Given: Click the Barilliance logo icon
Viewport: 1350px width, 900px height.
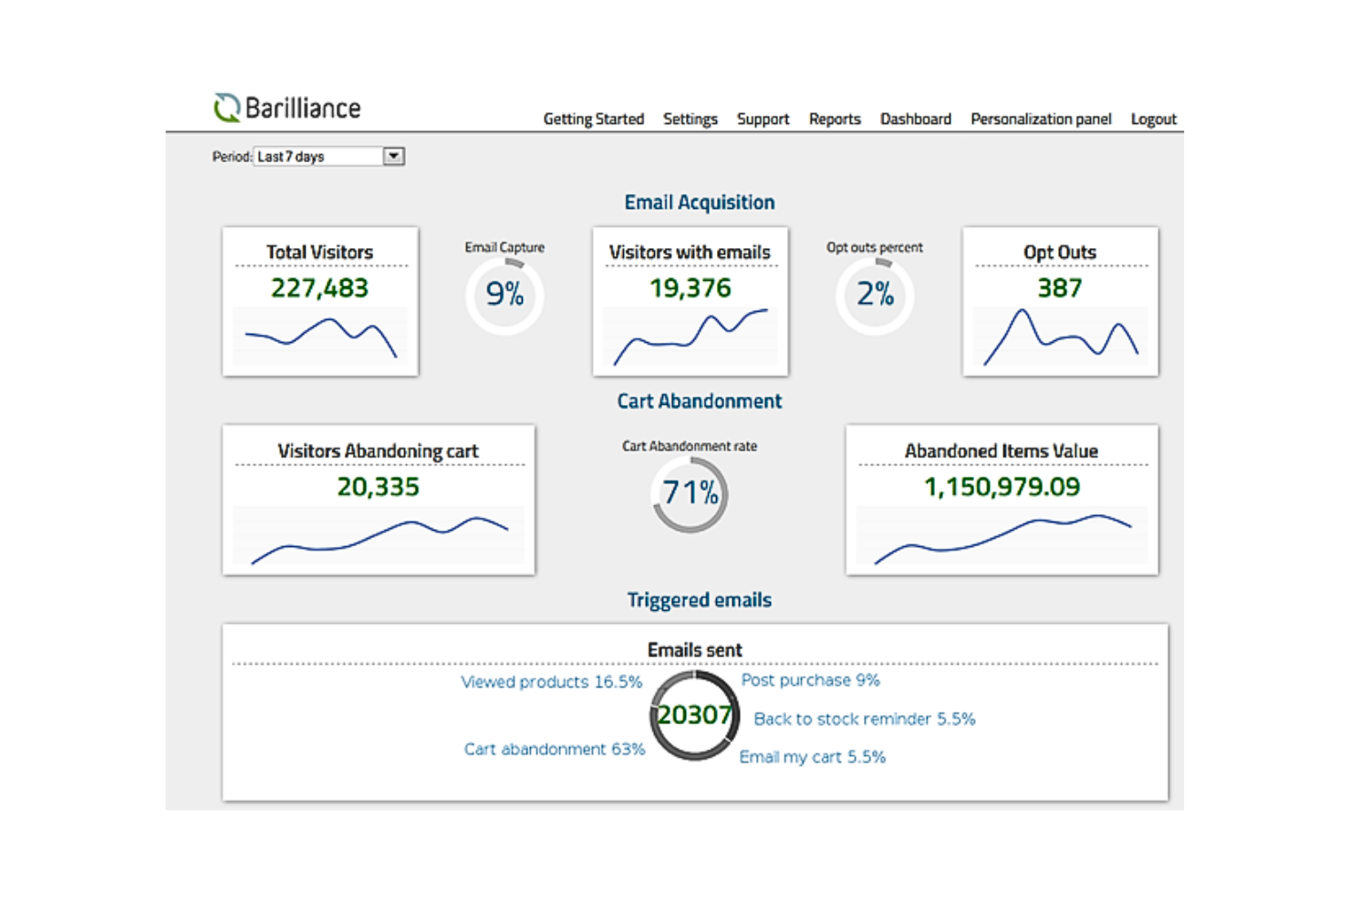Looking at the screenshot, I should pos(226,108).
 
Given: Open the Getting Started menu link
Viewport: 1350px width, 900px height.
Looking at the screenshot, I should pos(593,119).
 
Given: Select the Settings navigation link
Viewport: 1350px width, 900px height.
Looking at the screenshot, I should pos(690,119).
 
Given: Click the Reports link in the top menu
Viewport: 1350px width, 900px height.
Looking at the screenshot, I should pos(834,119).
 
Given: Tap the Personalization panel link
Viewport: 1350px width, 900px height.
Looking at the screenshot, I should pos(1040,119).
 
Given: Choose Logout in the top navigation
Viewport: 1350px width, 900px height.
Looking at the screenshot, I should pos(1153,119).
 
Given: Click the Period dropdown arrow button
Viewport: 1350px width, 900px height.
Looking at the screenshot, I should pos(393,156).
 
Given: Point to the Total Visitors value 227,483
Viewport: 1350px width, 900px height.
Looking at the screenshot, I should pos(319,288).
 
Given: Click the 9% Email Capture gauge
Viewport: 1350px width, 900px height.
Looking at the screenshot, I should pos(504,295).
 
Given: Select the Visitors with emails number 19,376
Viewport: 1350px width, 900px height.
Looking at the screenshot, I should pos(690,288).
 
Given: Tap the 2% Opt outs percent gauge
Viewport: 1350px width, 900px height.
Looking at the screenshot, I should pos(875,295).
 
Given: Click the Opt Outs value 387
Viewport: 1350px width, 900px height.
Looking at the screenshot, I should pos(1059,288).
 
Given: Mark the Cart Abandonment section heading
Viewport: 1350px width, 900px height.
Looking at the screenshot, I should pos(699,401).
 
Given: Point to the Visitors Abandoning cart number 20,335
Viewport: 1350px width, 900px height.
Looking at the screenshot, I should pos(378,487).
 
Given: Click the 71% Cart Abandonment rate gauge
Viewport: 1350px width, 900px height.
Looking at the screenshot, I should pos(690,493).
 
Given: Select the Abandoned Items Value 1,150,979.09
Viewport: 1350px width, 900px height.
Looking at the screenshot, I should pos(1002,487).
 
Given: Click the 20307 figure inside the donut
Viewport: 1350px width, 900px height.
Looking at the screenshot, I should pos(694,715).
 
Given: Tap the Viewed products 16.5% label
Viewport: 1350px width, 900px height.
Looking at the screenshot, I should pos(551,682).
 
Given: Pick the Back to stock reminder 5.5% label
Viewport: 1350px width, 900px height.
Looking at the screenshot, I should pos(864,719).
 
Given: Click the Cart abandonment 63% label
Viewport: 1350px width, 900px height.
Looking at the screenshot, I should pos(554,749).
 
